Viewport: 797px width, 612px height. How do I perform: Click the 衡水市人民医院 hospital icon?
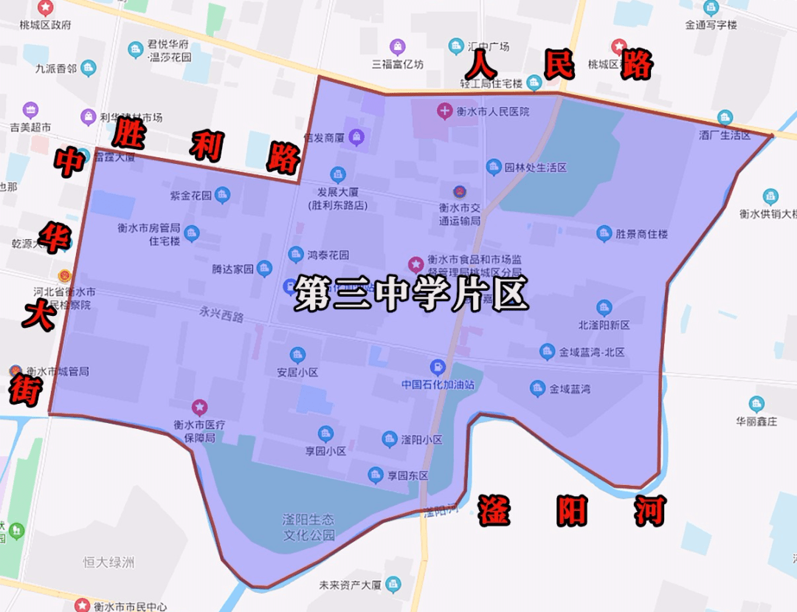pos(445,112)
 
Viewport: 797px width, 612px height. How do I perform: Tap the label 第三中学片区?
pos(411,294)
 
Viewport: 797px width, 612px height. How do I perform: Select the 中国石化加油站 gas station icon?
pos(438,367)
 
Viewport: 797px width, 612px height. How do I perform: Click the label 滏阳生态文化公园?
pos(308,527)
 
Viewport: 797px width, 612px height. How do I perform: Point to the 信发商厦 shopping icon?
pos(356,137)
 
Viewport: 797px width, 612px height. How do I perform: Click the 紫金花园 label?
pos(191,196)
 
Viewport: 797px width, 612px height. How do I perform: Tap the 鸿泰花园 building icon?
pos(296,255)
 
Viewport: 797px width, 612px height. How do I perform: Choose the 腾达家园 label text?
pos(232,269)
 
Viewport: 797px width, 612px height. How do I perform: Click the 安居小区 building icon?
pos(297,355)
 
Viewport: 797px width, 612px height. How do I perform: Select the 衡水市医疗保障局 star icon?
pos(199,407)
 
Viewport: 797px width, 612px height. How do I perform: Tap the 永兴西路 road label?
pos(221,314)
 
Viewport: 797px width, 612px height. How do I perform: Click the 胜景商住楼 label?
pos(641,234)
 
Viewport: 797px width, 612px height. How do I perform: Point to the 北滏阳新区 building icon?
pos(604,308)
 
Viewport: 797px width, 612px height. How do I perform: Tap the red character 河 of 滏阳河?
pos(650,511)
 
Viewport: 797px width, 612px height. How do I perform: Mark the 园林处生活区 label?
pos(536,168)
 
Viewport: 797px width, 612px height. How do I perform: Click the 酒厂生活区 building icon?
pos(725,118)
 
